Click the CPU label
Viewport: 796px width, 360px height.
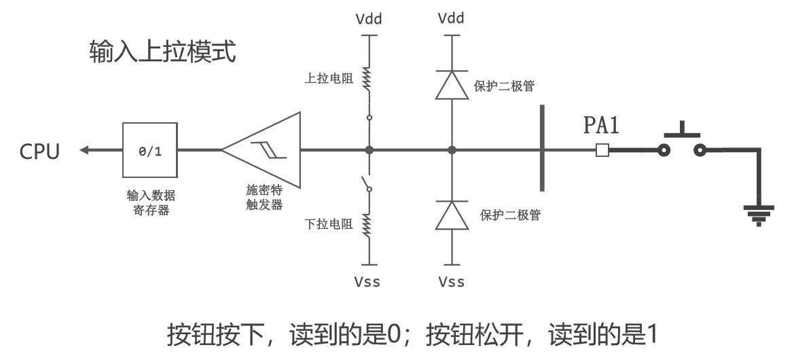coord(39,151)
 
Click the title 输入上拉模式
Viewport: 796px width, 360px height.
coord(162,52)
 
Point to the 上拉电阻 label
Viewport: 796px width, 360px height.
coord(329,79)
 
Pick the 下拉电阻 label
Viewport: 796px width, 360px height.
coord(329,224)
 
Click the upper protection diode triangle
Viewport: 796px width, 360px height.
coord(452,86)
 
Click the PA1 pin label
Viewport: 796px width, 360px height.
coord(602,126)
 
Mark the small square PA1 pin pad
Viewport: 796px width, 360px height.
coord(602,150)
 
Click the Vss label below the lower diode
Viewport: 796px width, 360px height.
coord(452,281)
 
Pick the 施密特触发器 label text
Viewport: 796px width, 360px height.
coord(264,197)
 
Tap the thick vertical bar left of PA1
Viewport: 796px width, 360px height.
coord(541,148)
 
